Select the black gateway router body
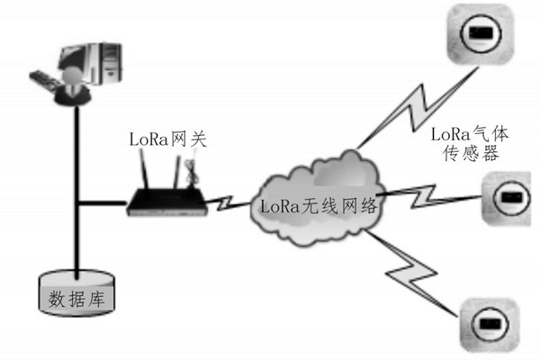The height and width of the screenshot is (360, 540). tap(166, 203)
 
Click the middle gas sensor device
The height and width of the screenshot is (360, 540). tap(509, 196)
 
